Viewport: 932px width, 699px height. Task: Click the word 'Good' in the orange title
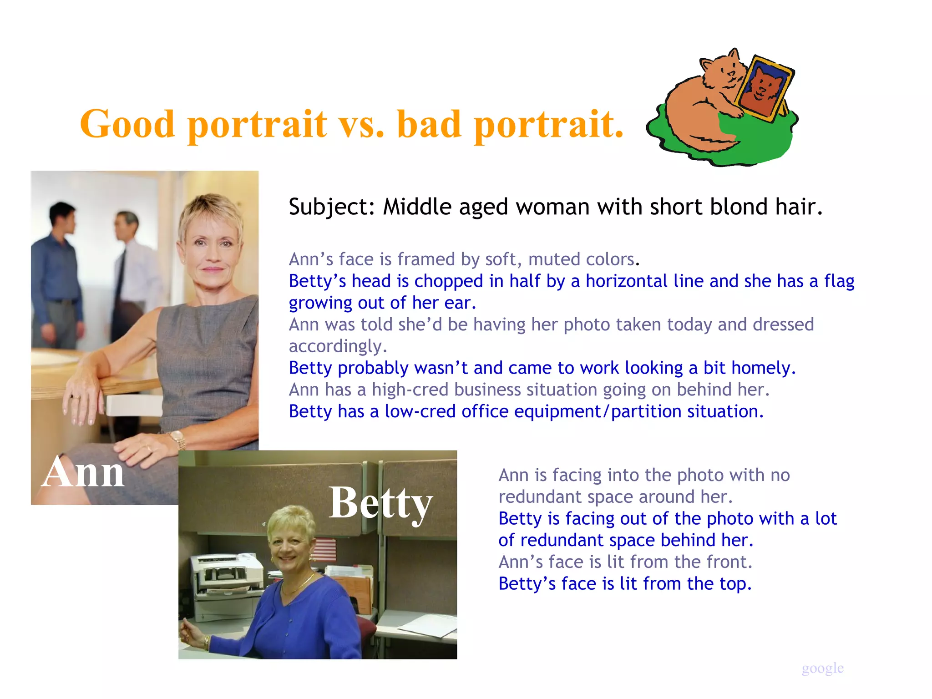coord(127,124)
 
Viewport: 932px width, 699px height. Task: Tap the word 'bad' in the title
coord(429,124)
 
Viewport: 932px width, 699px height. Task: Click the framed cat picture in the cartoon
coord(764,88)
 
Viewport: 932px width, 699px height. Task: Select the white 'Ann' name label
coord(83,472)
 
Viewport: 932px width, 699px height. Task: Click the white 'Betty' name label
coord(380,503)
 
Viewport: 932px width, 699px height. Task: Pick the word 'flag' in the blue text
coord(839,282)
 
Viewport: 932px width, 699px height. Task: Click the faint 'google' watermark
coord(822,668)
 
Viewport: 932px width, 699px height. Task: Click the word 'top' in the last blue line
coord(734,584)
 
